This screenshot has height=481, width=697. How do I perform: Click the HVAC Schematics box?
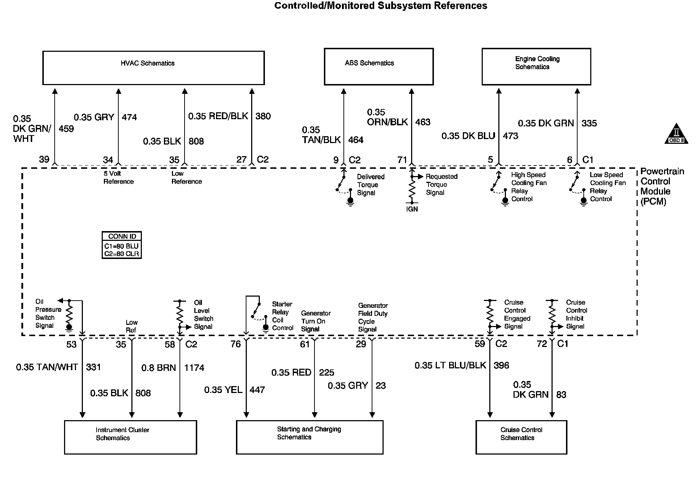click(153, 68)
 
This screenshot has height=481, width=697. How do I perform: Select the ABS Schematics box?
click(379, 67)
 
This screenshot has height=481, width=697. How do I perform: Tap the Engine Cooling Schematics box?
click(536, 67)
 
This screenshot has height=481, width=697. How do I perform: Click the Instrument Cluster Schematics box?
click(130, 437)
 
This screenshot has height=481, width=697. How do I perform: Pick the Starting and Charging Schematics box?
click(309, 437)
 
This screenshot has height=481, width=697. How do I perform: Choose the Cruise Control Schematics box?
click(521, 437)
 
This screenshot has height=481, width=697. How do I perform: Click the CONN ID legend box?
click(122, 245)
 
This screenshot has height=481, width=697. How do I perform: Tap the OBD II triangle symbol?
click(676, 134)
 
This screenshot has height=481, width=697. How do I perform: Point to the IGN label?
click(412, 209)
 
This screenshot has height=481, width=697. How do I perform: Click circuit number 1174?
click(194, 368)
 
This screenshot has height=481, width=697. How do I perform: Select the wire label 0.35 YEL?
click(223, 390)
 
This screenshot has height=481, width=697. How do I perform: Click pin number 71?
click(402, 160)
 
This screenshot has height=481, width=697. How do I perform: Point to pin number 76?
click(236, 344)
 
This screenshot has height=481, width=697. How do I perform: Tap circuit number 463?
click(423, 122)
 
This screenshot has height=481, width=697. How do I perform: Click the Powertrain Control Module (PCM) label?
click(662, 186)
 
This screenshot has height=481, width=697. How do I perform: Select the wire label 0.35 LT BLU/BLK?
click(450, 365)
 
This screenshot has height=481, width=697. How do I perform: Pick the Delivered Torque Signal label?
click(371, 185)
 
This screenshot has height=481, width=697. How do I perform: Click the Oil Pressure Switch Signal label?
click(48, 314)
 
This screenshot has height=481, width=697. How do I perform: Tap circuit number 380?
click(263, 116)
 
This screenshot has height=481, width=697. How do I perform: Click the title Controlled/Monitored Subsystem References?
click(381, 6)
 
